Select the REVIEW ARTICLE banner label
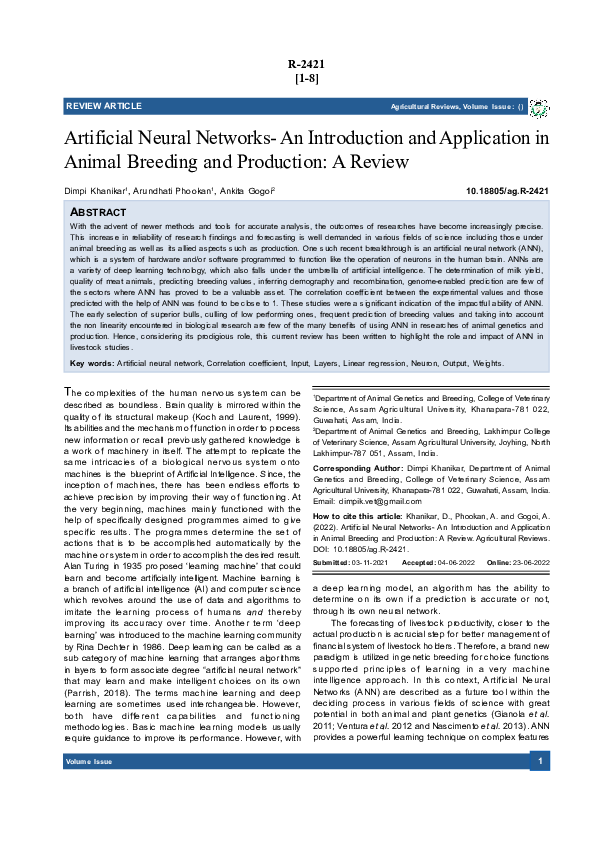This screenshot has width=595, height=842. pos(104,106)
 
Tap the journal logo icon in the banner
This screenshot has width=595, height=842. pos(539,107)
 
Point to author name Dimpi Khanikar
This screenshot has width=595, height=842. pos(98,190)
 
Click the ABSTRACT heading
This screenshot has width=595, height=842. pos(98,213)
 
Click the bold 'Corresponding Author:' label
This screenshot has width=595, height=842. pos(351,467)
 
